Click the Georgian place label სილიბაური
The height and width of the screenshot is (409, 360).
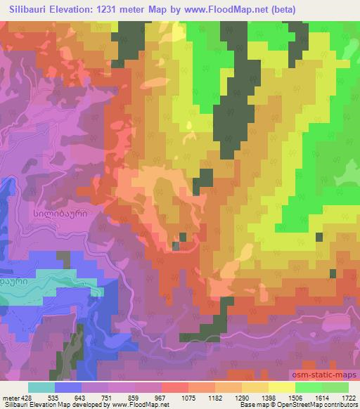pyautogui.click(x=60, y=210)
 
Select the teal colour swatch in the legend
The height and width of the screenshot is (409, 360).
pyautogui.click(x=41, y=387)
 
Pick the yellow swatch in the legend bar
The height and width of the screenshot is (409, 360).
pyautogui.click(x=281, y=387)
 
